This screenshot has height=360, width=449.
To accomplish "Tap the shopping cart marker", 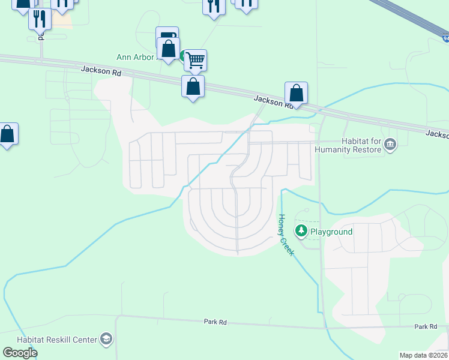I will (195, 60).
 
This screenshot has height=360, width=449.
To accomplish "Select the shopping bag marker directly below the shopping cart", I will (193, 86).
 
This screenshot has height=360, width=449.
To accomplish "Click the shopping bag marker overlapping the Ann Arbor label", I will (169, 48).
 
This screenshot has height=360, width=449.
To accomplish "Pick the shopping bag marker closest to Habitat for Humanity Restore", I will (296, 93).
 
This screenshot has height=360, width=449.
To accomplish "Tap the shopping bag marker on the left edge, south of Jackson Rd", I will (7, 134).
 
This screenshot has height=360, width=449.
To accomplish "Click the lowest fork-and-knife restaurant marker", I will (40, 19).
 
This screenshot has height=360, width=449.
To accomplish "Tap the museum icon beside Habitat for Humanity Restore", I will (390, 144).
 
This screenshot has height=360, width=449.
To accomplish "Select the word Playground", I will (331, 232).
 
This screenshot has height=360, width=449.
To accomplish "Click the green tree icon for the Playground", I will (301, 230).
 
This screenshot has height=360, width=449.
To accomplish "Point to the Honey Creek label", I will (285, 235).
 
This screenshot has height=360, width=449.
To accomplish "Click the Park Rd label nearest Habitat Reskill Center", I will (214, 322).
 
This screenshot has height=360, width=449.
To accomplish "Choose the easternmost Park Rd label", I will (425, 326).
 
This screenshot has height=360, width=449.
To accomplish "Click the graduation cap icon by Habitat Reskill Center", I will (106, 339).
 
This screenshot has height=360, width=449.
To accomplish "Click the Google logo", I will (20, 352).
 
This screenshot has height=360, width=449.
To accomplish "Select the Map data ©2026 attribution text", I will (423, 355).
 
